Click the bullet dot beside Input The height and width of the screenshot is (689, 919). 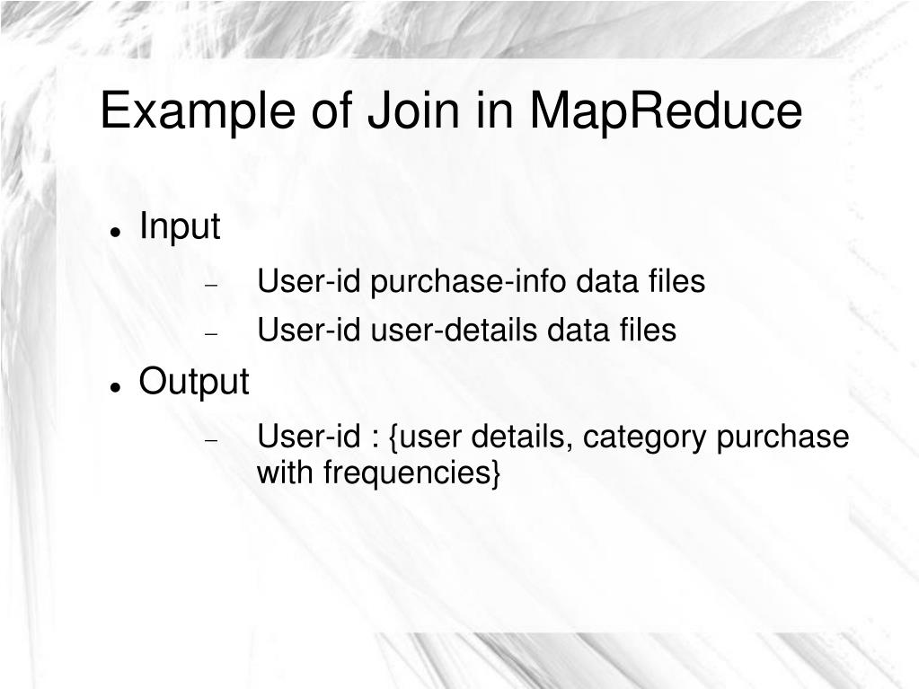point(116,232)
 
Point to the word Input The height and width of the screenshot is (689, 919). point(180,226)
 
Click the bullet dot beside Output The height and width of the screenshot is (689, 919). point(116,387)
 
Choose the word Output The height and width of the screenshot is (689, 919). point(193,382)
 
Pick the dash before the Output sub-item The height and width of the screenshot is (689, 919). point(212,441)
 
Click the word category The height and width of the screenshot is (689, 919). point(645,437)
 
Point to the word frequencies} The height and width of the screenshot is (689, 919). point(412,473)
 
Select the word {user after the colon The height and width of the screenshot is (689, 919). point(426,437)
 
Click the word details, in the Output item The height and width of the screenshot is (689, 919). point(524,437)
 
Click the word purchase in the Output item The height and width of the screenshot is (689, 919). point(782,437)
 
